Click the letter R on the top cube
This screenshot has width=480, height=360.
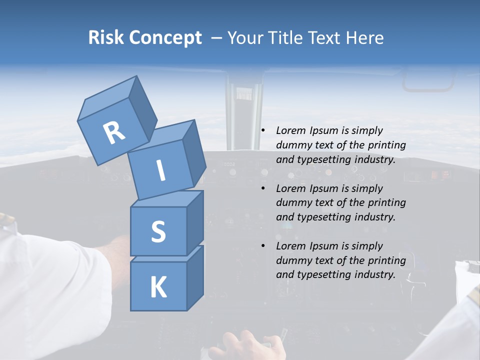coord(114,133)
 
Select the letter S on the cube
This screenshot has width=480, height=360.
coord(158,231)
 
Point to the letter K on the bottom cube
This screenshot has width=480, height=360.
coord(158,287)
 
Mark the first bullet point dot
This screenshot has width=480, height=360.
coord(262,131)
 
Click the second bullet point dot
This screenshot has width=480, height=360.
coord(262,189)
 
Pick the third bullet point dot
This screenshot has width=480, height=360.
coord(262,246)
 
